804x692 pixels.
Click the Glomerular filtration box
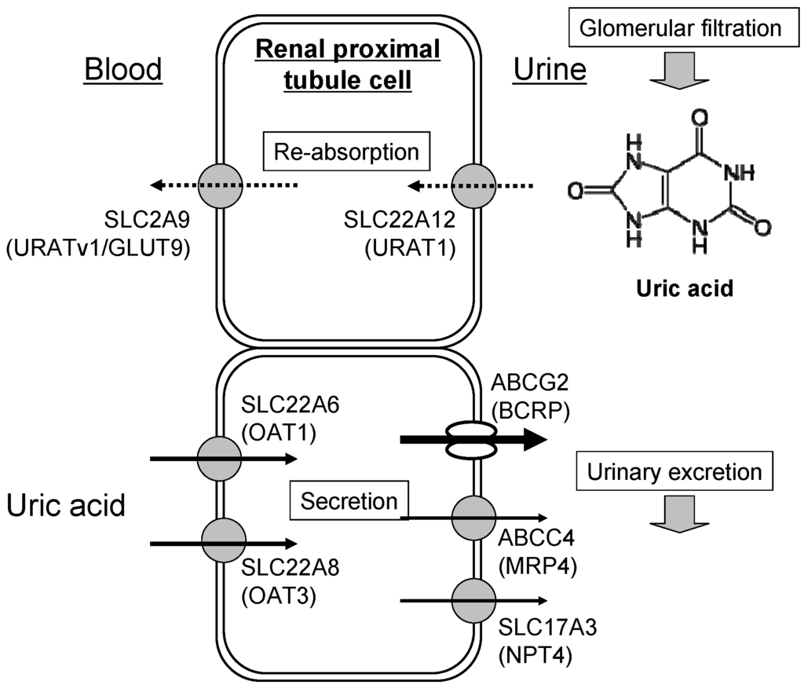[680, 29]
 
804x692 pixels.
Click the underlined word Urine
[550, 71]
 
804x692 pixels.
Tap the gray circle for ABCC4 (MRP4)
[474, 518]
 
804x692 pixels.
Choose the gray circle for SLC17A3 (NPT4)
[474, 601]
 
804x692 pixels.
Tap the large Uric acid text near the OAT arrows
[67, 505]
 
